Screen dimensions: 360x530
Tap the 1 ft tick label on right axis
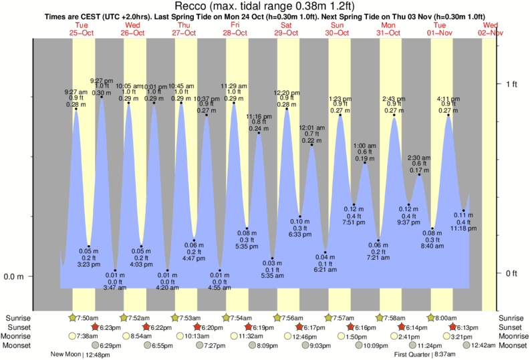click(x=512, y=83)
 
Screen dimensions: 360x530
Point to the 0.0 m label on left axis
click(x=15, y=277)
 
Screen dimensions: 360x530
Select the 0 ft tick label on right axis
click(x=512, y=273)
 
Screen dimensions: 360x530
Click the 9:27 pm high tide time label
click(x=102, y=80)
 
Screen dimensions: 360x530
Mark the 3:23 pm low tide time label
click(x=89, y=264)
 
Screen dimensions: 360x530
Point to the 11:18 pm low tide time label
click(x=463, y=228)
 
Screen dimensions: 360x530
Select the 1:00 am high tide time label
click(x=364, y=146)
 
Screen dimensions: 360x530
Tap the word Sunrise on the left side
click(x=18, y=318)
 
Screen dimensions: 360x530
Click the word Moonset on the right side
click(x=513, y=345)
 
